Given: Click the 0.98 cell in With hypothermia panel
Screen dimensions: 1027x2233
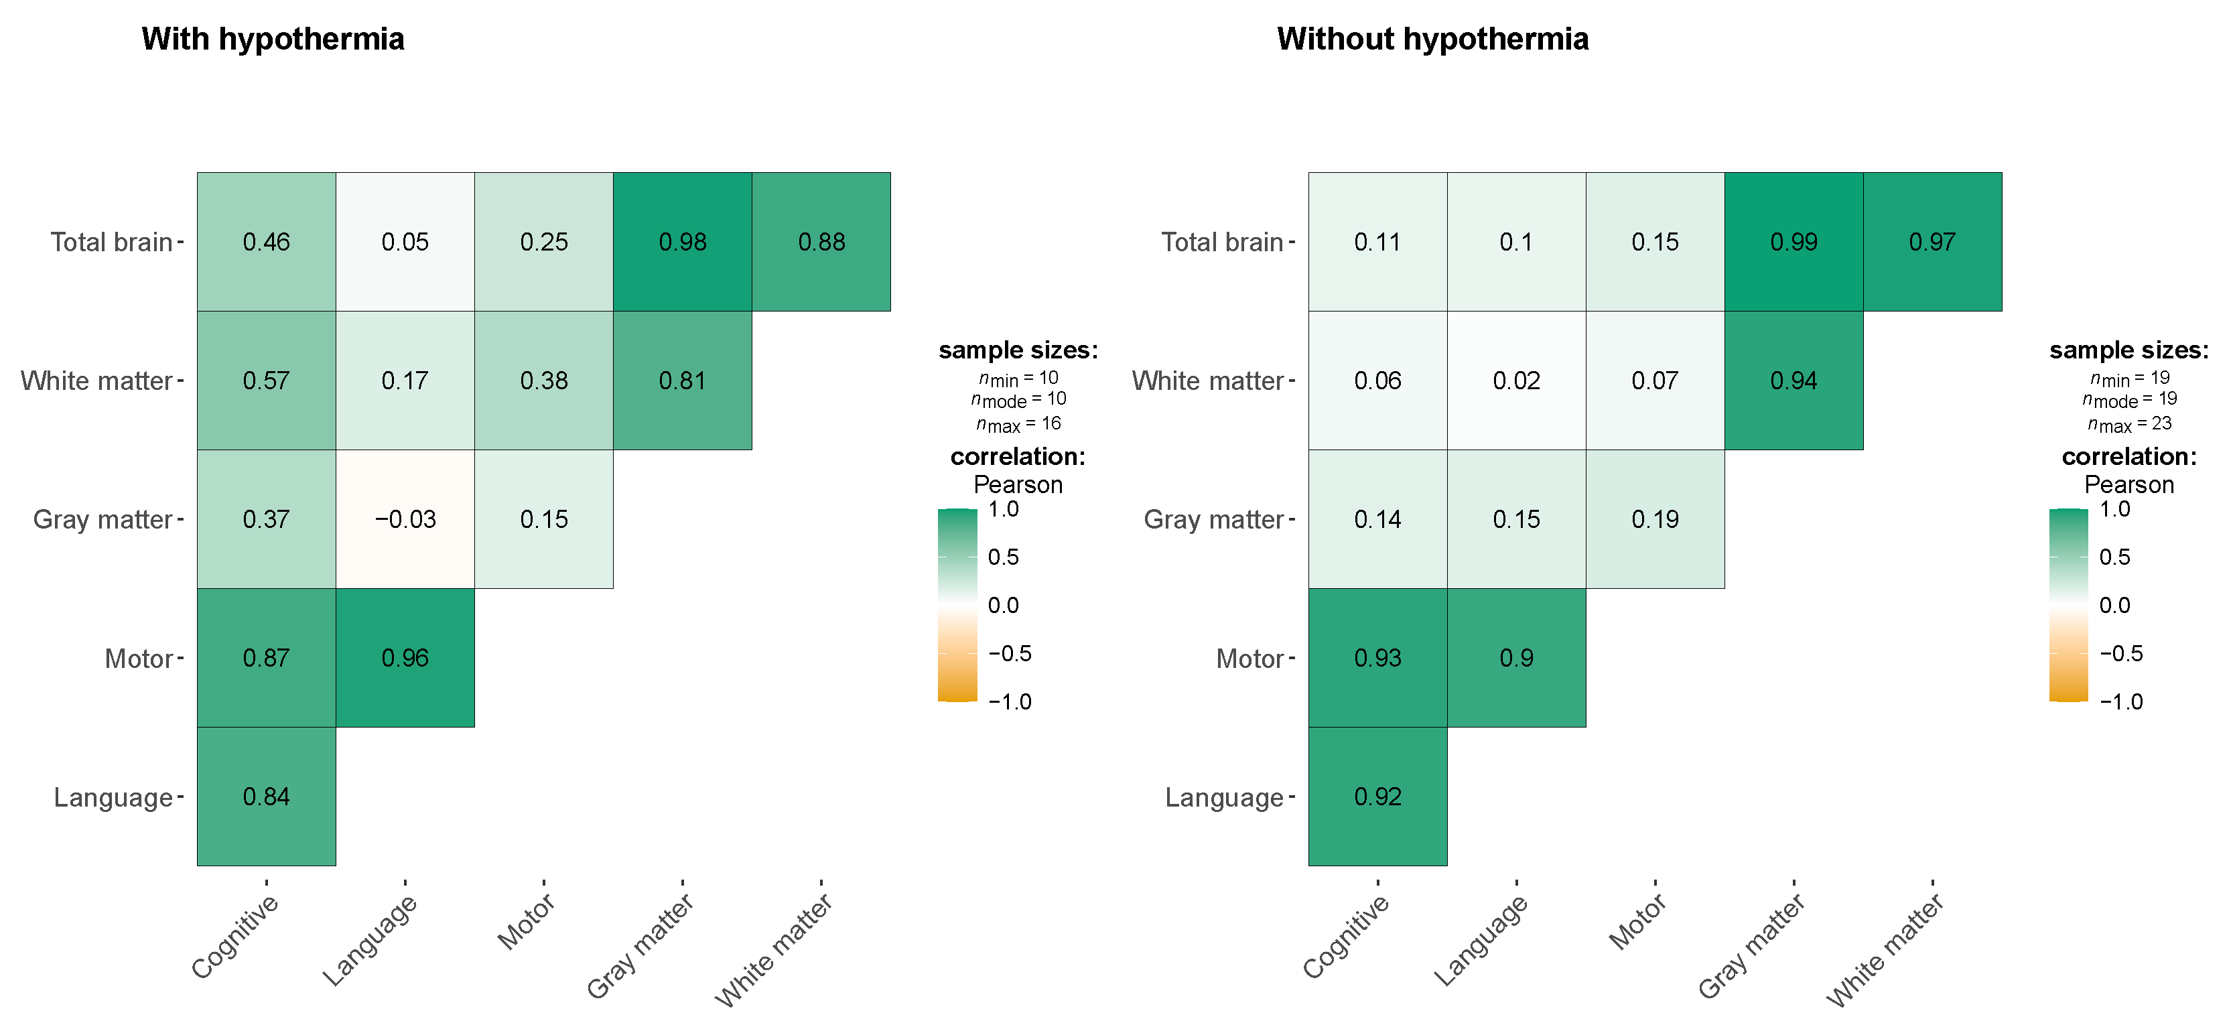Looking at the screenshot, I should pyautogui.click(x=682, y=242).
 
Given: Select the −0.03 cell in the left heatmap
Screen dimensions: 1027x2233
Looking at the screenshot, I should pyautogui.click(x=405, y=519).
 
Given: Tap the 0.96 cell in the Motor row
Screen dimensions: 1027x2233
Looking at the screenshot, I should pyautogui.click(x=405, y=658).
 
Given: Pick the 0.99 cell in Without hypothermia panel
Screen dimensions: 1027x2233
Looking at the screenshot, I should pyautogui.click(x=1794, y=242).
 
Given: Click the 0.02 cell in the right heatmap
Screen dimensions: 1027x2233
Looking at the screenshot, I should pyautogui.click(x=1516, y=381).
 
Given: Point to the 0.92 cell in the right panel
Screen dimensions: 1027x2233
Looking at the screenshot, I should pyautogui.click(x=1377, y=797).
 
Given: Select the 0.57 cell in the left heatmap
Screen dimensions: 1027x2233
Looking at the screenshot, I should pyautogui.click(x=266, y=381).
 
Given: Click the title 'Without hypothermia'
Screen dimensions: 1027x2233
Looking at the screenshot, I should pyautogui.click(x=1432, y=39).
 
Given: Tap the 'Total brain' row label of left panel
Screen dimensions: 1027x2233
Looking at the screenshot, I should pyautogui.click(x=111, y=242).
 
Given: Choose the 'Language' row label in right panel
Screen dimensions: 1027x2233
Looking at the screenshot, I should pyautogui.click(x=1223, y=797).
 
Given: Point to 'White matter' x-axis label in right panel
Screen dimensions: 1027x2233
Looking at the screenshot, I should pyautogui.click(x=1886, y=950).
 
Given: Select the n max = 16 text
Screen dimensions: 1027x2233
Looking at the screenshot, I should pyautogui.click(x=1018, y=424).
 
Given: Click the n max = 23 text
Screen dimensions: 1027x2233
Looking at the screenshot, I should pyautogui.click(x=2129, y=424).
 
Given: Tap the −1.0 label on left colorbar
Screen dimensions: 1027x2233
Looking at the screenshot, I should pyautogui.click(x=1010, y=701).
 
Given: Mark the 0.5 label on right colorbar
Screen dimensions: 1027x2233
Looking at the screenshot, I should pyautogui.click(x=2114, y=557).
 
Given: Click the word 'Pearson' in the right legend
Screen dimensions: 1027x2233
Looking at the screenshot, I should pyautogui.click(x=2129, y=484).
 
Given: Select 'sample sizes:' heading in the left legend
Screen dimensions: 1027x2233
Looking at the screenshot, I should pyautogui.click(x=1018, y=350).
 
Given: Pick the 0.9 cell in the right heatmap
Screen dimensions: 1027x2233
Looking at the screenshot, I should pyautogui.click(x=1516, y=658).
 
